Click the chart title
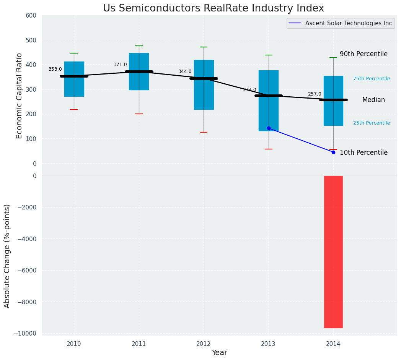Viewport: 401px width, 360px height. pyautogui.click(x=213, y=8)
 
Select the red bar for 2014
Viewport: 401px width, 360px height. pyautogui.click(x=333, y=252)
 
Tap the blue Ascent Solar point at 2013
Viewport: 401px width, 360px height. pyautogui.click(x=269, y=128)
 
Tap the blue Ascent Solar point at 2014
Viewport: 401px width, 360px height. pyautogui.click(x=333, y=152)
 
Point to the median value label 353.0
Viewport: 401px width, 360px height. pyautogui.click(x=55, y=69)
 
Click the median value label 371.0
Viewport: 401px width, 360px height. pyautogui.click(x=120, y=65)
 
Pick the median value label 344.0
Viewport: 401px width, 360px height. pyautogui.click(x=185, y=71)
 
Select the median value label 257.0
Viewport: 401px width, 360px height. pyautogui.click(x=315, y=94)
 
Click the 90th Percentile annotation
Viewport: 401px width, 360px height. pyautogui.click(x=364, y=54)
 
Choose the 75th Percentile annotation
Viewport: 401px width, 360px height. pyautogui.click(x=372, y=79)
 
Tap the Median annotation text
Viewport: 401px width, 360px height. pyautogui.click(x=373, y=100)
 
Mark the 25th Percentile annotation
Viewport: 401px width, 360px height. pyautogui.click(x=372, y=123)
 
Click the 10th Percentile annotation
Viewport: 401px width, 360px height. pyautogui.click(x=364, y=152)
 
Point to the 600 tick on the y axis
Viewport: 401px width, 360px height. pyautogui.click(x=31, y=16)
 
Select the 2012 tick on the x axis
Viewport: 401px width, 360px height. pyautogui.click(x=204, y=344)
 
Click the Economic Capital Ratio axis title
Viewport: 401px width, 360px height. pyautogui.click(x=19, y=96)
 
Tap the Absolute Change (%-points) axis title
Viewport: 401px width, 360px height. pyautogui.click(x=7, y=256)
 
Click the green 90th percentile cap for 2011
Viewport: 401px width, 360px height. pyautogui.click(x=139, y=46)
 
